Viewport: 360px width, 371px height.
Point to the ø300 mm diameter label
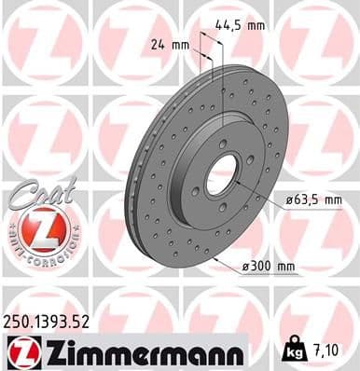pos(269,266)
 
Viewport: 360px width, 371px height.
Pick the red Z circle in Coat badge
pos(37,227)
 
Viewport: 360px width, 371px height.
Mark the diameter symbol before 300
pos(245,267)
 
